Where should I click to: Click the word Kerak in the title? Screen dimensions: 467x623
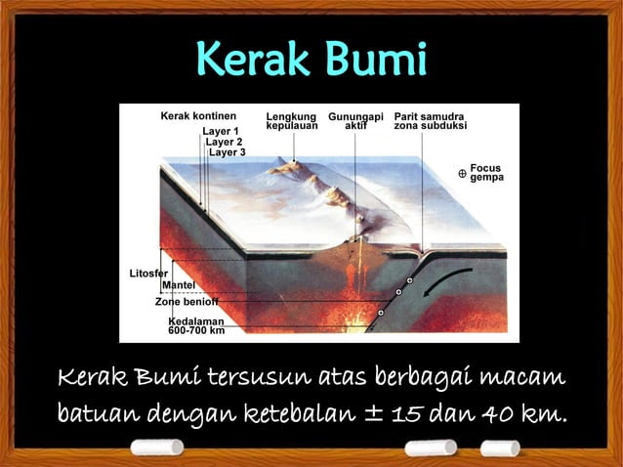[249, 60]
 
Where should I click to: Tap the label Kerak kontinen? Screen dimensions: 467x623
[198, 116]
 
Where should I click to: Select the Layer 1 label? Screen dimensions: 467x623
[221, 131]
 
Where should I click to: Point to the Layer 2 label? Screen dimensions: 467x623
[225, 142]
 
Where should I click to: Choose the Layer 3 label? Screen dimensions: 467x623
[228, 152]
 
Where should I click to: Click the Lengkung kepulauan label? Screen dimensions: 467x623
[292, 122]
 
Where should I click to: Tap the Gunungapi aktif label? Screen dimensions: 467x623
[355, 122]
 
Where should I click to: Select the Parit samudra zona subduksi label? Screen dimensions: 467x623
[431, 122]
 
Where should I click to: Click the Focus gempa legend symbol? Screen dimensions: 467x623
[462, 173]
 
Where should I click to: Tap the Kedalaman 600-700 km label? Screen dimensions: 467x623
[196, 326]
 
